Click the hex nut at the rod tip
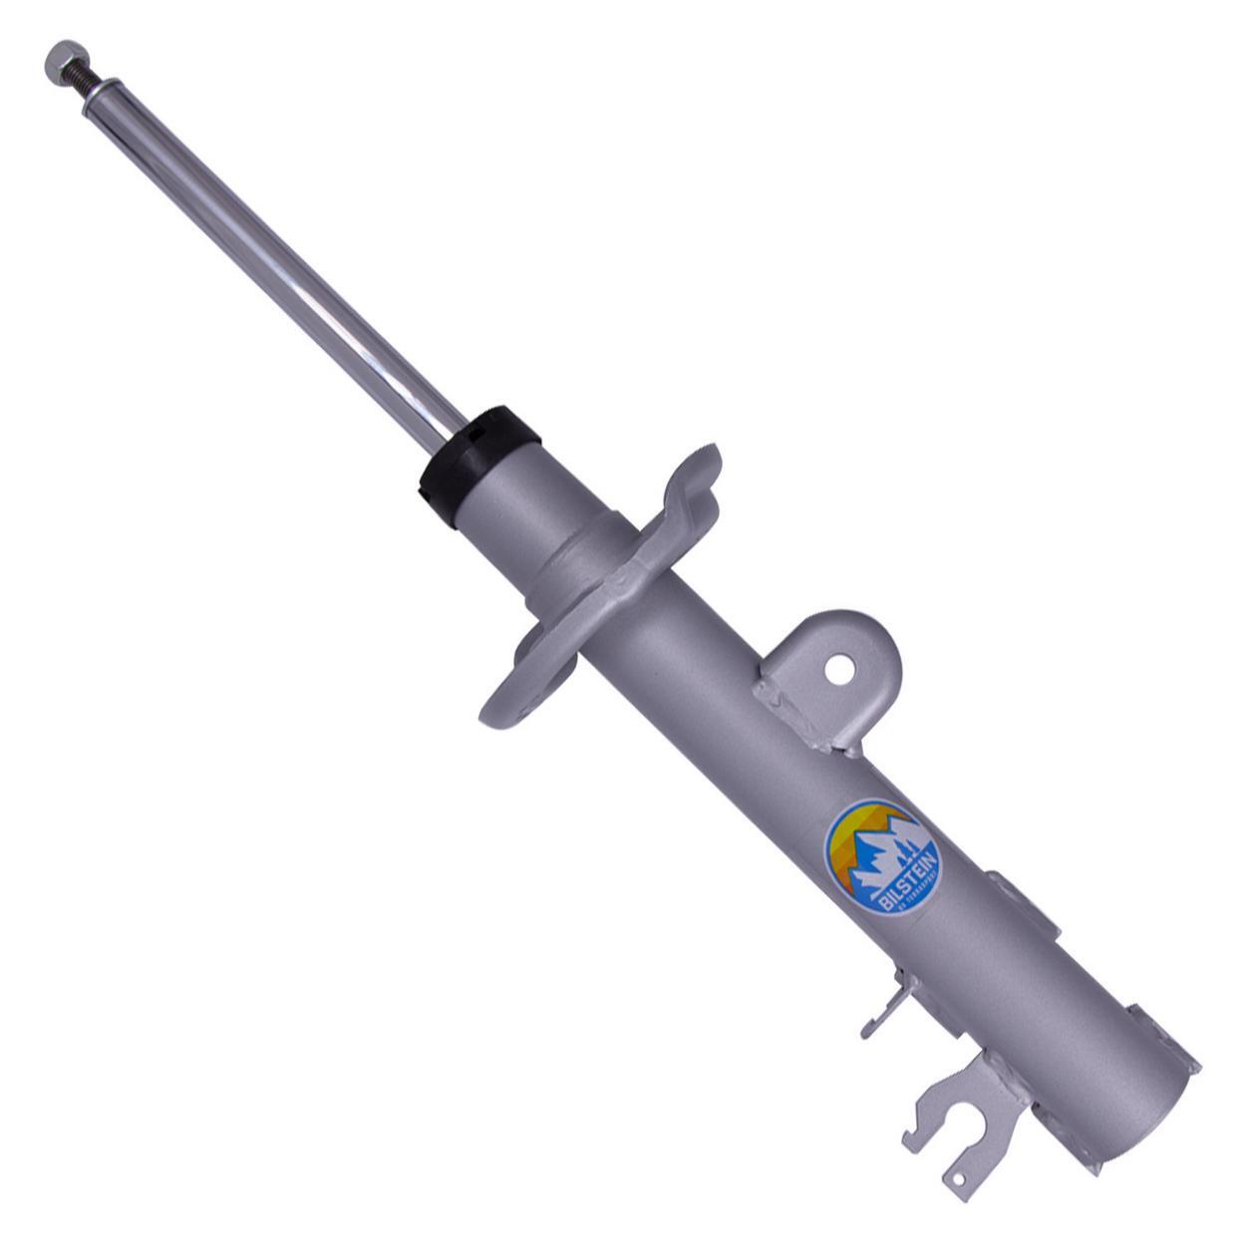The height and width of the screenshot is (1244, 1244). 62,59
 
